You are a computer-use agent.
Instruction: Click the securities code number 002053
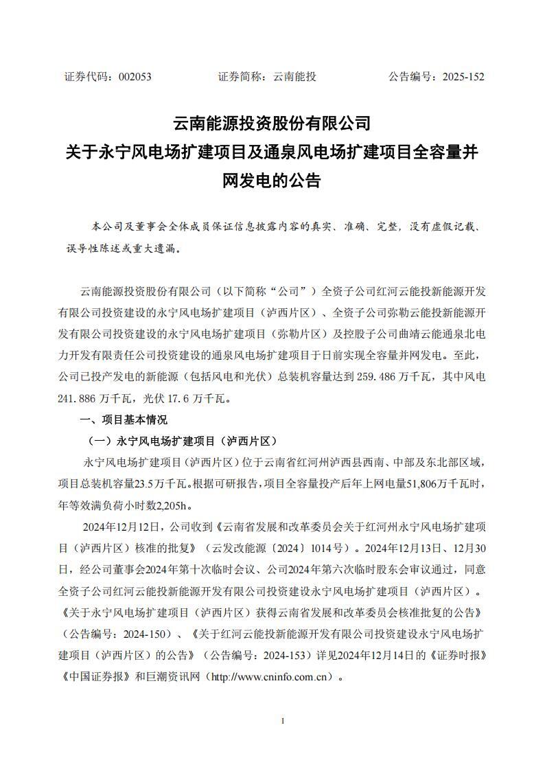click(135, 77)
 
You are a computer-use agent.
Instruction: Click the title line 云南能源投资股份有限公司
click(272, 124)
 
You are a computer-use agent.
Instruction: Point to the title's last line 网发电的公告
click(272, 181)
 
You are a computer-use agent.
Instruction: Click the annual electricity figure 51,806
click(385, 483)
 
